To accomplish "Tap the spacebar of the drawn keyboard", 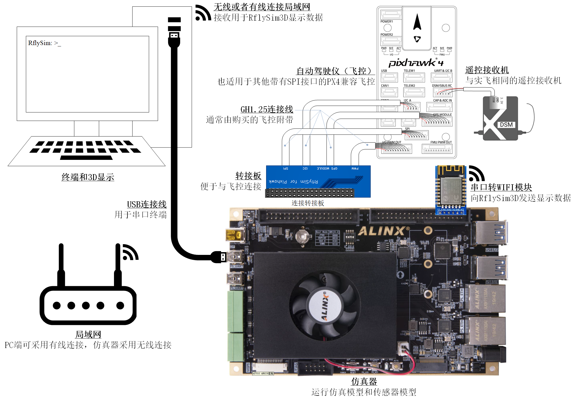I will pyautogui.click(x=86, y=158).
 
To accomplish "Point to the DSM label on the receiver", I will pyautogui.click(x=506, y=125).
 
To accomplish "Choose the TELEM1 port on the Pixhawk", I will pyautogui.click(x=414, y=77).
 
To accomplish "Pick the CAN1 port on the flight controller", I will pyautogui.click(x=389, y=92).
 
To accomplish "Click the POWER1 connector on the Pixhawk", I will pyautogui.click(x=391, y=15).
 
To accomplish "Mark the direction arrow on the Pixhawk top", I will pyautogui.click(x=417, y=22).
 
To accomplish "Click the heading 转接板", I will pyautogui.click(x=248, y=176).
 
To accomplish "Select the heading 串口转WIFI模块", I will pyautogui.click(x=501, y=187).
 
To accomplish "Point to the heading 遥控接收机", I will pyautogui.click(x=487, y=70).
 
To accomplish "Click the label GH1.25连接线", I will pyautogui.click(x=267, y=109).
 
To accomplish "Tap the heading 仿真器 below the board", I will pyautogui.click(x=364, y=381).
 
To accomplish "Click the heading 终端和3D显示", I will pyautogui.click(x=88, y=177).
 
